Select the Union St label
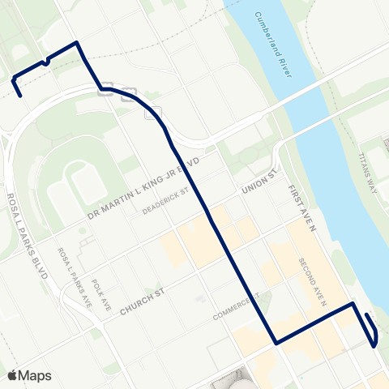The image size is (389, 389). pyautogui.click(x=259, y=188)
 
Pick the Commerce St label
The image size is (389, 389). pyautogui.click(x=235, y=306)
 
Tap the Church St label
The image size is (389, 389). pyautogui.click(x=143, y=306)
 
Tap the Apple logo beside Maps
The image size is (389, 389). pyautogui.click(x=13, y=375)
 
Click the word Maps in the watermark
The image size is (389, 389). pyautogui.click(x=36, y=375)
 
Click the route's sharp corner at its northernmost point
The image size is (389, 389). pyautogui.click(x=76, y=42)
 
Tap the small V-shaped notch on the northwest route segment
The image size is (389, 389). pyautogui.click(x=47, y=61)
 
